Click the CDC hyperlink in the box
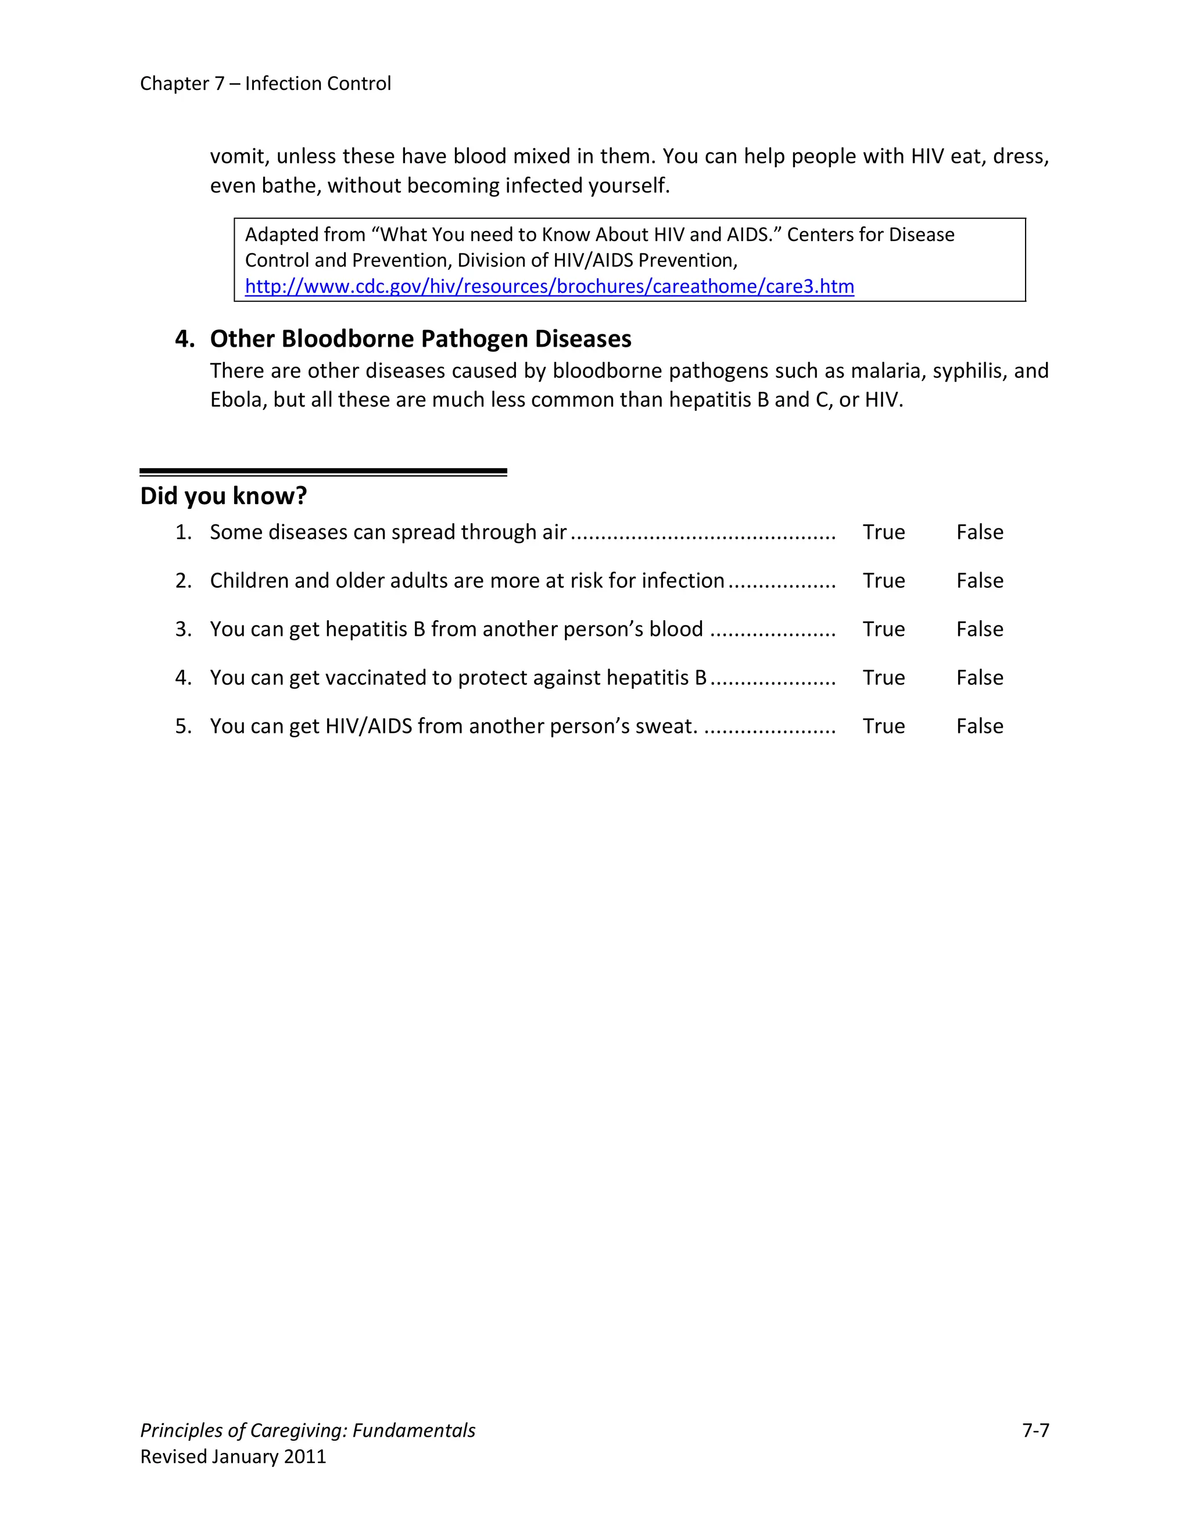pos(549,286)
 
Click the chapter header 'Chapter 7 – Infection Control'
pos(265,83)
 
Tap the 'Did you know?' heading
pos(224,495)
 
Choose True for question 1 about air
pos(883,532)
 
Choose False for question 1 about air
pos(979,532)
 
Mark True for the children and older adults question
pos(883,581)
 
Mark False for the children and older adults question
pos(979,581)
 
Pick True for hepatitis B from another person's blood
pos(883,630)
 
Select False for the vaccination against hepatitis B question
pos(979,678)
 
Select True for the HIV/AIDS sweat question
pos(883,727)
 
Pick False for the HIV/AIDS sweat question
pos(979,727)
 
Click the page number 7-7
pos(1035,1430)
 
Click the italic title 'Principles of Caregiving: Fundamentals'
pos(307,1430)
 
